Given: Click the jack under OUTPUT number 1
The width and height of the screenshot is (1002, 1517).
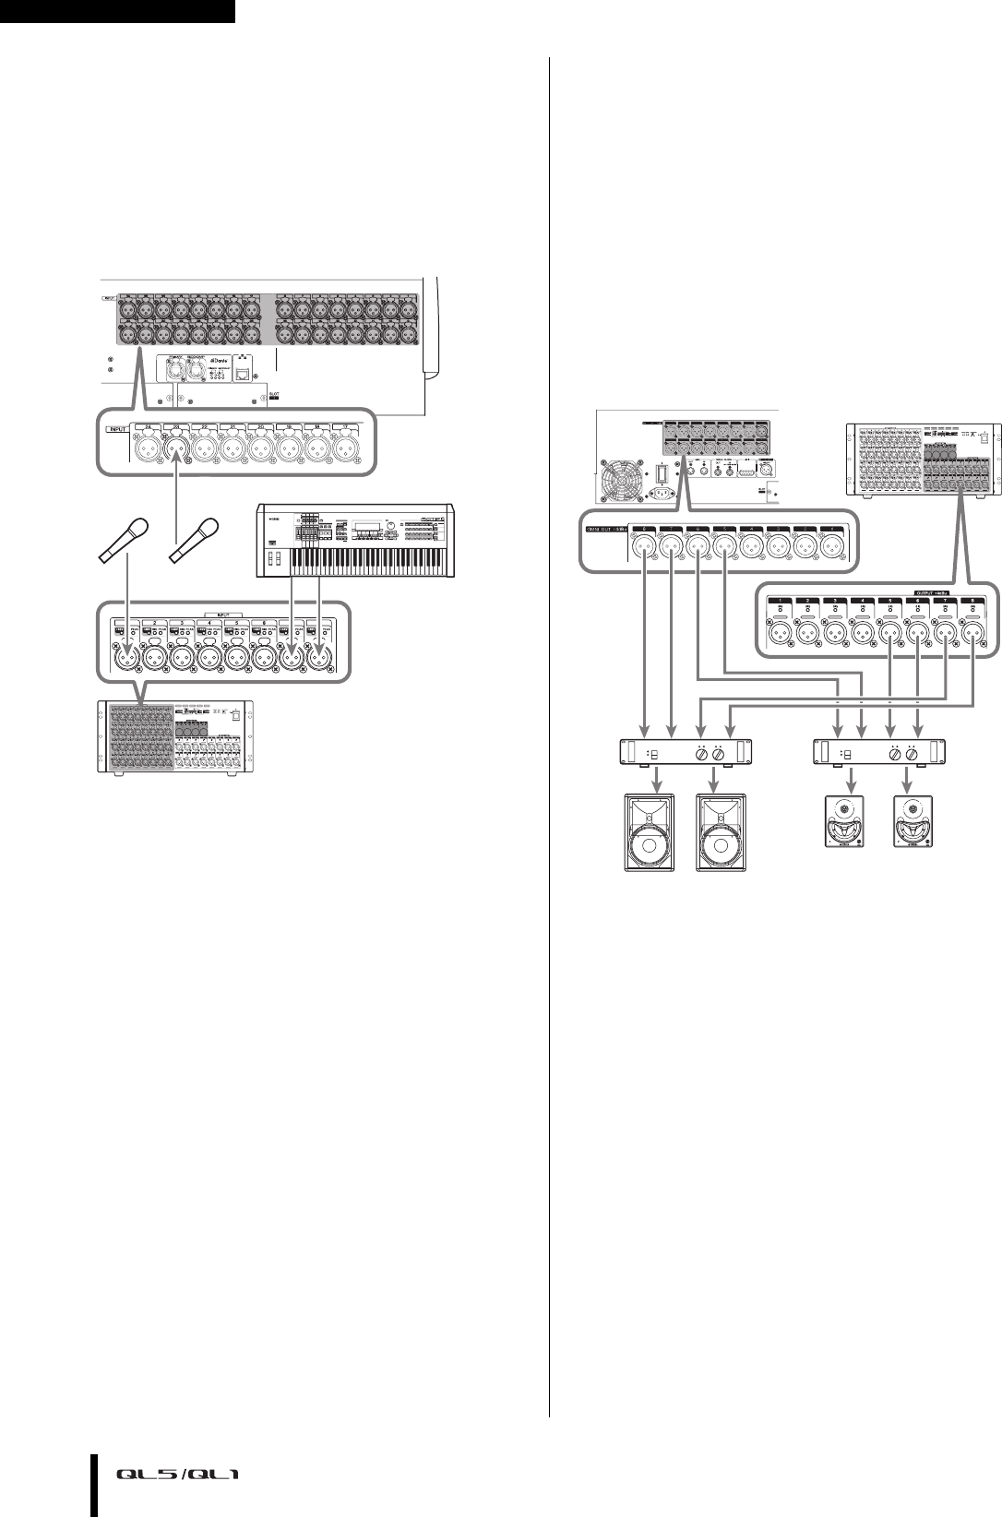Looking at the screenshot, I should pyautogui.click(x=781, y=633).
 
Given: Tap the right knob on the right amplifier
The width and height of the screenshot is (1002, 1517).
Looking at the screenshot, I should pyautogui.click(x=913, y=754).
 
